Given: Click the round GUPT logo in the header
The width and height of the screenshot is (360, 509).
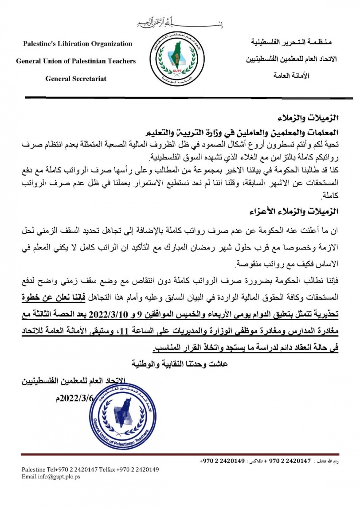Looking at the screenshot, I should [179, 62].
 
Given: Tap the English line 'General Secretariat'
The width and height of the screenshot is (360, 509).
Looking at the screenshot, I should [76, 78].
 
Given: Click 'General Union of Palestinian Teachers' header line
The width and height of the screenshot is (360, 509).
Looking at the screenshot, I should [76, 61].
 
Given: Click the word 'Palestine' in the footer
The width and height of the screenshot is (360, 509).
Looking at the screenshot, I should [35, 470].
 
